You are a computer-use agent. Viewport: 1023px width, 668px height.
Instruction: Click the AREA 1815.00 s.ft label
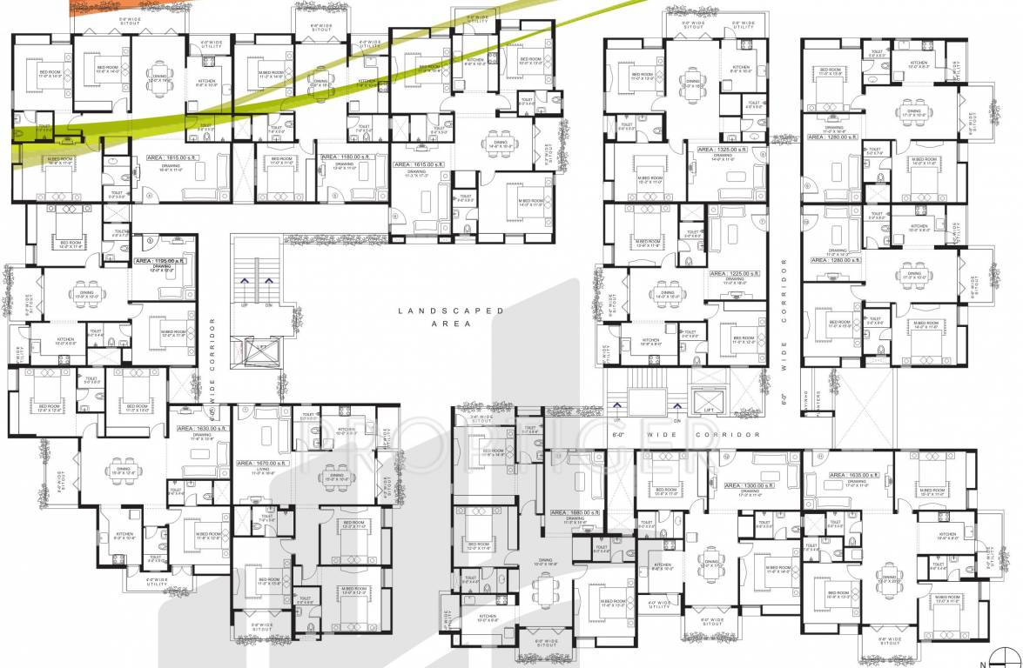pyautogui.click(x=161, y=158)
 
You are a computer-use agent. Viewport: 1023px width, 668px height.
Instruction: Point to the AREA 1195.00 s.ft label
pyautogui.click(x=160, y=261)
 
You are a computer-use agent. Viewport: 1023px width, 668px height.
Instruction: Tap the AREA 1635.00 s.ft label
pyautogui.click(x=854, y=475)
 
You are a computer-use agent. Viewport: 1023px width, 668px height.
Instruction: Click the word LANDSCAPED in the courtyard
pyautogui.click(x=440, y=311)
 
